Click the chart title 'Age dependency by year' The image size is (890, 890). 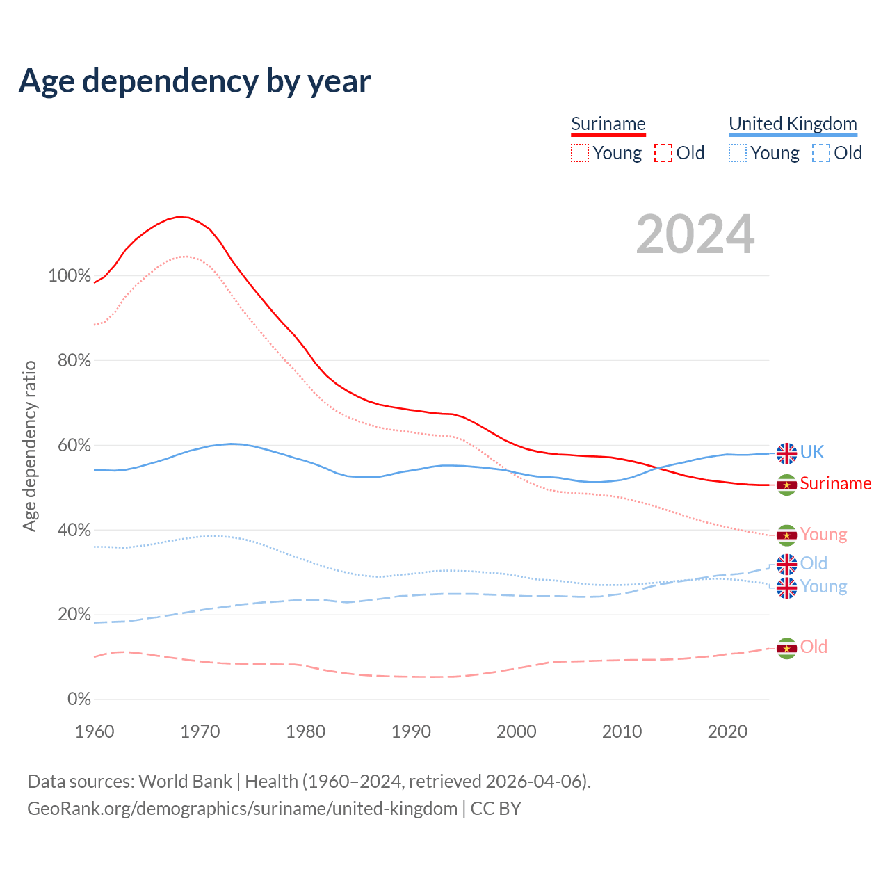point(195,81)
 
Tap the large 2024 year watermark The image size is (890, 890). point(695,234)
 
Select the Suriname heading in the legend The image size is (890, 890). point(608,124)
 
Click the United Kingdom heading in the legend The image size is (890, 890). point(793,124)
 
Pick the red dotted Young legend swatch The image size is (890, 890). point(580,153)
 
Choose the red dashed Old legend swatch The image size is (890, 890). point(663,153)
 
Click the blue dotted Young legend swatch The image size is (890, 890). point(738,153)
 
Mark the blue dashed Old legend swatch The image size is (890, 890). point(821,153)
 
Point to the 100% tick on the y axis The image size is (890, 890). point(70,275)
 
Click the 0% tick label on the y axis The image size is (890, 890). point(79,699)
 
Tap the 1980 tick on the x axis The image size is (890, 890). point(306,731)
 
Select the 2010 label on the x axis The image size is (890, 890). point(622,731)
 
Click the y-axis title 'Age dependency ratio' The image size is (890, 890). point(30,446)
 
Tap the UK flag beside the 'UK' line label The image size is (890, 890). point(786,453)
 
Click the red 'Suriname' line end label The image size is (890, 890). point(836,483)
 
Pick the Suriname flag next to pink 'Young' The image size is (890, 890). point(786,535)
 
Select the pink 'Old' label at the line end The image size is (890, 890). point(814,647)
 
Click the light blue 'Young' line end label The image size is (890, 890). point(823,586)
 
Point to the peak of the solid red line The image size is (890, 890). point(179,217)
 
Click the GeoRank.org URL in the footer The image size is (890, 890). point(242,809)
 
